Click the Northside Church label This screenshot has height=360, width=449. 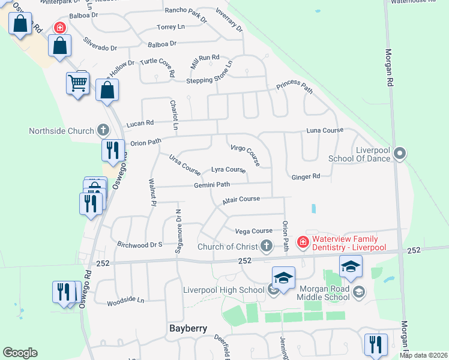click(62, 131)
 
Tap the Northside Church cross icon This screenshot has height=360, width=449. click(103, 130)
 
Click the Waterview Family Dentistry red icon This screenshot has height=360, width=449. click(303, 242)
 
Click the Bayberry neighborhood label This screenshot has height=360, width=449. click(188, 328)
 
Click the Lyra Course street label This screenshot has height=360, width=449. click(228, 170)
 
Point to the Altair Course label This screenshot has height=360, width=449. click(241, 199)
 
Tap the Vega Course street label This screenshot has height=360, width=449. click(253, 231)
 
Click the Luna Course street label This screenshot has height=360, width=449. click(324, 130)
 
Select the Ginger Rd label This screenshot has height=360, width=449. click(306, 176)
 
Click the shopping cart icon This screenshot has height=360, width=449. click(78, 84)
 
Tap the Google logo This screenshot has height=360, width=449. click(20, 353)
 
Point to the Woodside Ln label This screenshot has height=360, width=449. click(126, 300)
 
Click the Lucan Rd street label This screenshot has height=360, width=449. click(139, 123)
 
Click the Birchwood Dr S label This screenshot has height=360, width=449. click(140, 245)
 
